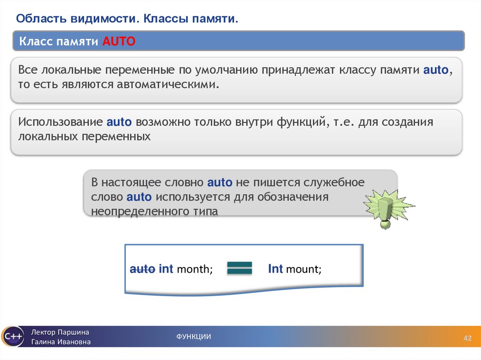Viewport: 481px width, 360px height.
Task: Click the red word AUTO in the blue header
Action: click(x=119, y=41)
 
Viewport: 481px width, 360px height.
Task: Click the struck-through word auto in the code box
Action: click(x=142, y=269)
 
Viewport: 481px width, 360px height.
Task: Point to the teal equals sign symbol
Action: click(x=240, y=268)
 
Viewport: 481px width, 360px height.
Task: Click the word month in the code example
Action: click(x=194, y=270)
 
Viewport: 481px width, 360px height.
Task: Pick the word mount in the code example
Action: click(x=303, y=270)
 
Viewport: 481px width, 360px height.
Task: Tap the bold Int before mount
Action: click(x=275, y=269)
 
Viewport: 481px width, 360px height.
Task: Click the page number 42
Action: click(x=467, y=339)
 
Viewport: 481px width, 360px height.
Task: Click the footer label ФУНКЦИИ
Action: click(x=194, y=336)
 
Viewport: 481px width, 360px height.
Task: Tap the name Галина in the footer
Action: click(x=44, y=342)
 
